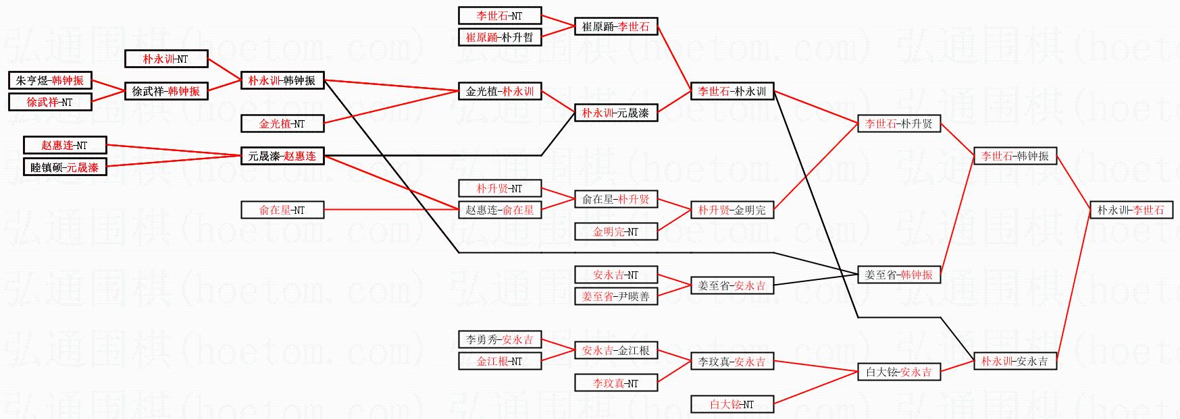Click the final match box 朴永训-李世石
coord(1131,210)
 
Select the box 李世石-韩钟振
coord(1015,156)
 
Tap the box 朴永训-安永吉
coord(1015,361)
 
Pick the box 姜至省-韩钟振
coord(898,275)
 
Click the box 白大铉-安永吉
coord(898,372)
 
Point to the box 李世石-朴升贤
coord(898,123)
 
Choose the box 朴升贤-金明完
coord(732,210)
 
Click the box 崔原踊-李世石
coord(615,26)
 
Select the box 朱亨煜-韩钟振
coord(50,80)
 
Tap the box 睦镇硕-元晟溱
coord(64,167)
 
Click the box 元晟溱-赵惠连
coord(282,156)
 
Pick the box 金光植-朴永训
coord(499,91)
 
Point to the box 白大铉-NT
coord(732,404)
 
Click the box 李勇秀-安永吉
coord(499,339)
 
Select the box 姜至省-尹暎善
coord(615,296)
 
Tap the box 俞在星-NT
coord(282,210)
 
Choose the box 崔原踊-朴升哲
coord(499,37)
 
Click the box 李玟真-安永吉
coord(732,361)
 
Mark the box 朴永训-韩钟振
coord(282,80)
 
